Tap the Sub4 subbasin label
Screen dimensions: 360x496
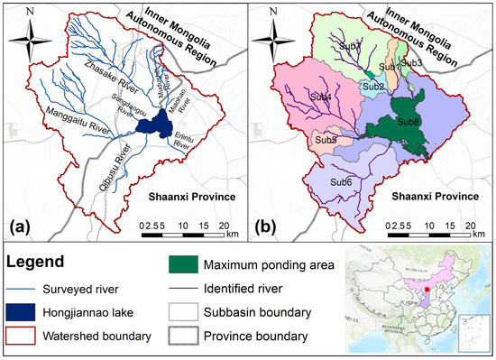coord(320,97)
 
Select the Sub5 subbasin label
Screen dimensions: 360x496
coord(326,140)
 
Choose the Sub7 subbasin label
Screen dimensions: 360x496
coord(352,47)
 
